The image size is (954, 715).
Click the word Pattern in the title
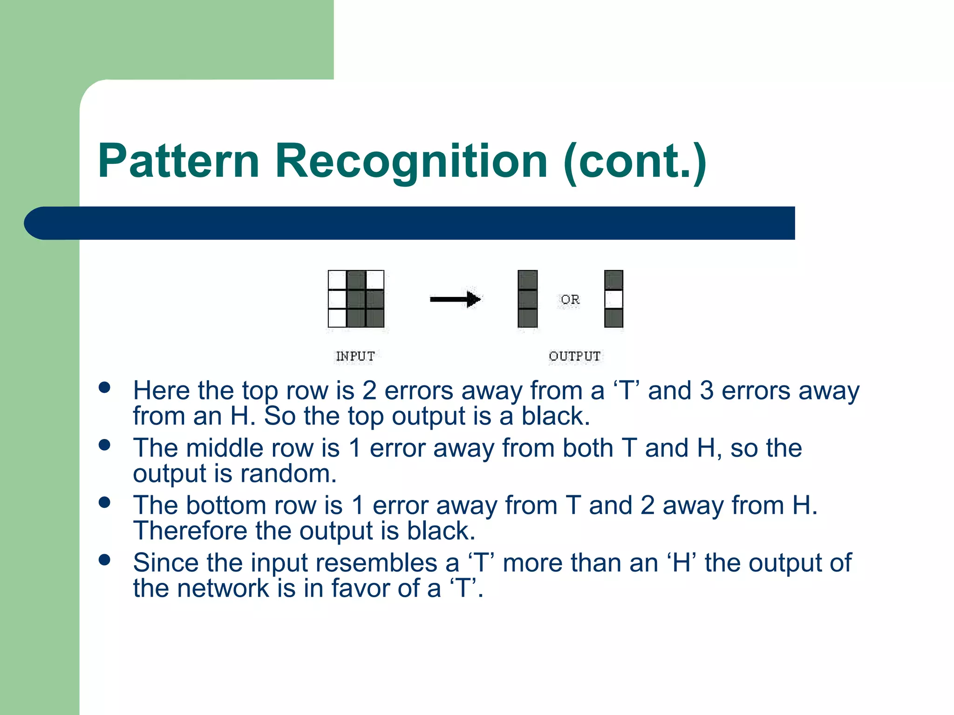(x=178, y=161)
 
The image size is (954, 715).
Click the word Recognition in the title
(x=411, y=161)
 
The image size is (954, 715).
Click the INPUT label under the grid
(x=355, y=356)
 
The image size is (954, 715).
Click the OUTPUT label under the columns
(x=574, y=356)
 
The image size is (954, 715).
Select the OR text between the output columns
(x=570, y=299)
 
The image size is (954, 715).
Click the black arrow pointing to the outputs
(x=455, y=299)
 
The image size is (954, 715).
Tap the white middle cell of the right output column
(x=613, y=299)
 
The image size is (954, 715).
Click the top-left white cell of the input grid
(x=337, y=280)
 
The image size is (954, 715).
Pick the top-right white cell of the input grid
(x=375, y=280)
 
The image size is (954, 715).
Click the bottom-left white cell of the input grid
(x=337, y=318)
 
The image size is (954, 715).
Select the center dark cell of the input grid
(x=356, y=299)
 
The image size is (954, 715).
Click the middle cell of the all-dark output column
(x=527, y=299)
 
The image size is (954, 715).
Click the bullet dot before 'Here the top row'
(x=105, y=388)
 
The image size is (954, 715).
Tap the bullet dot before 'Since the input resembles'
(x=105, y=560)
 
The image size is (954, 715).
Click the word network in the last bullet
(x=223, y=588)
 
